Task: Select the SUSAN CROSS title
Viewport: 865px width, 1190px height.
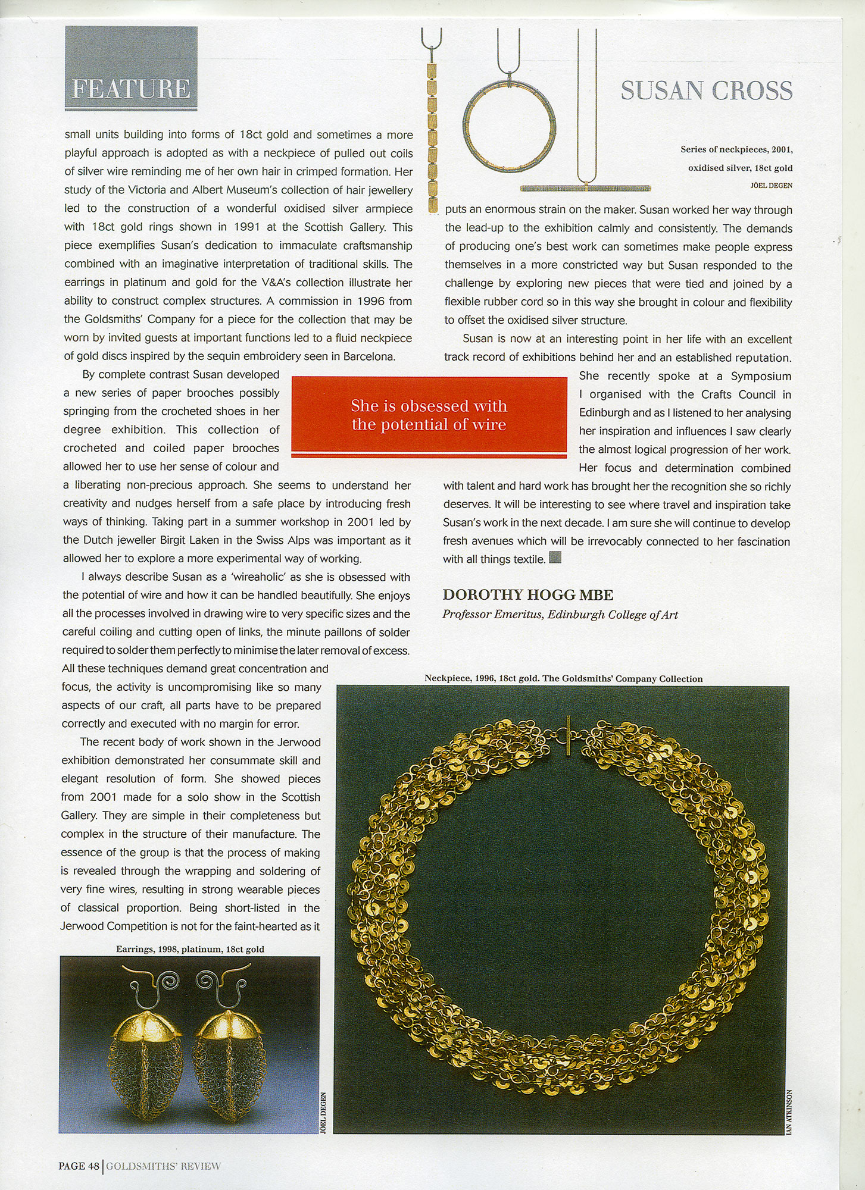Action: (706, 90)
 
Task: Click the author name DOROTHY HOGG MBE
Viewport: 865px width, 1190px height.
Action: (528, 595)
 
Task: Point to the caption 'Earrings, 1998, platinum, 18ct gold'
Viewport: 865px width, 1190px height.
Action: (190, 949)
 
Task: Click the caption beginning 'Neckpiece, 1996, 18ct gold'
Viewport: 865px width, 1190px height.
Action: (563, 678)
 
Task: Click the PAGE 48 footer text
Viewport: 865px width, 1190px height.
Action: (79, 1166)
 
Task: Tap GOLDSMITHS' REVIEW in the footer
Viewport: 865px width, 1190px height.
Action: (163, 1166)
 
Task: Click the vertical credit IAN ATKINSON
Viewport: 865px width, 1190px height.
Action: (789, 1112)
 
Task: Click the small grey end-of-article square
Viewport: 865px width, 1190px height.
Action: (555, 558)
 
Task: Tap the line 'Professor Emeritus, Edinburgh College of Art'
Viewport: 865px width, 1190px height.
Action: (560, 615)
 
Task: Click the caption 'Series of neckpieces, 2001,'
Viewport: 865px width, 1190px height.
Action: (736, 149)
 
